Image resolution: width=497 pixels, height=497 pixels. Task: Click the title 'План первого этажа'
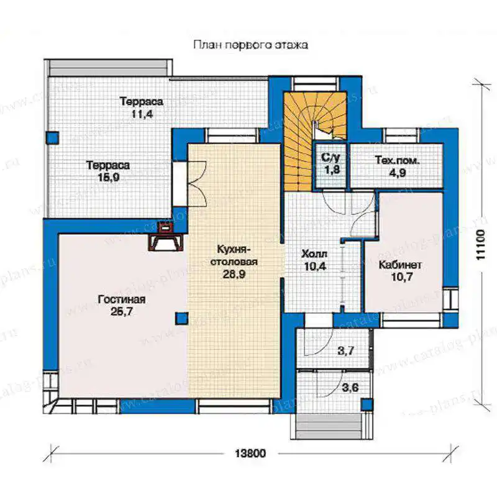[250, 45]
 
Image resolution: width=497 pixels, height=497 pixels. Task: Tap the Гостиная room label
[122, 299]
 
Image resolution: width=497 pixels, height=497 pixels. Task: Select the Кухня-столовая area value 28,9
[234, 274]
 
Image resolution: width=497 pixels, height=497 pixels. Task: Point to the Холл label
[314, 254]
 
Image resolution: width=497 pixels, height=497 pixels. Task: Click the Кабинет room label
[400, 265]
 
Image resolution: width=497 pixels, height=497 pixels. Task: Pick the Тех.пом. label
[397, 160]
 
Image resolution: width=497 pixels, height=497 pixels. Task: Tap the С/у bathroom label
[331, 158]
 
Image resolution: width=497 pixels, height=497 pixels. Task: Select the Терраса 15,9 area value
[108, 177]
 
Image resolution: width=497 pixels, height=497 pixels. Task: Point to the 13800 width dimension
[250, 454]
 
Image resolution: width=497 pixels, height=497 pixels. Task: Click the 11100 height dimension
[481, 245]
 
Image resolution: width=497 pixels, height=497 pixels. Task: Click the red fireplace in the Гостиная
[166, 236]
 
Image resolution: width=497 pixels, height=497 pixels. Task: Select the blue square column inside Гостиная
[182, 319]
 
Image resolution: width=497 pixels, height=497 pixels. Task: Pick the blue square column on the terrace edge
[52, 138]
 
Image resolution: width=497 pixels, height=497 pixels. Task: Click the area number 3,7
[346, 350]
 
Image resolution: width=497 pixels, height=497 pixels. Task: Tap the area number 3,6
[350, 387]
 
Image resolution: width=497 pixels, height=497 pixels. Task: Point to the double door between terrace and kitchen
[197, 184]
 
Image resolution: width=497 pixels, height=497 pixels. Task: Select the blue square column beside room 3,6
[368, 404]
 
